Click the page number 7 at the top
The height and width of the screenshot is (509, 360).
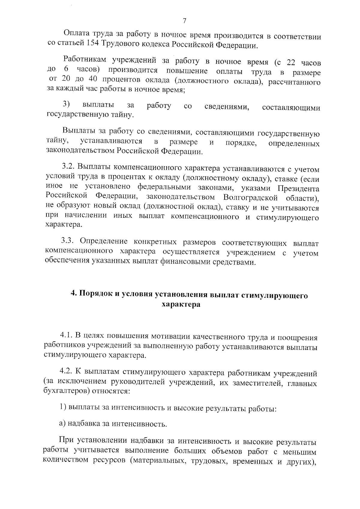click(184, 21)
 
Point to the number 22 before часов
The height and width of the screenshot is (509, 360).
click(292, 63)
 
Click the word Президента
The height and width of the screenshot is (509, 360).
click(298, 188)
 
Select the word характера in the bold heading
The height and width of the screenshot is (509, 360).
click(181, 304)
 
